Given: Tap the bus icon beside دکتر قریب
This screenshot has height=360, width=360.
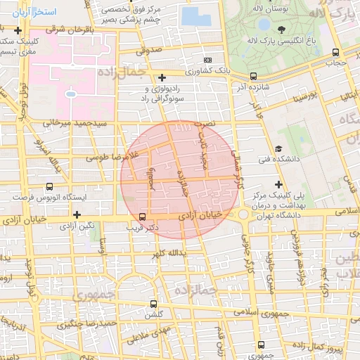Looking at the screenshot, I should pyautogui.click(x=143, y=217).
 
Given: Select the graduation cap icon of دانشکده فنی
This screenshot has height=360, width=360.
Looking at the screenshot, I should pyautogui.click(x=278, y=149).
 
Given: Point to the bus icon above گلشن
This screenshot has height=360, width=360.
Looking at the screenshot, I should pyautogui.click(x=153, y=304).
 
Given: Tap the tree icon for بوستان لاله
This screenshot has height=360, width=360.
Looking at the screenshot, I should pyautogui.click(x=282, y=29).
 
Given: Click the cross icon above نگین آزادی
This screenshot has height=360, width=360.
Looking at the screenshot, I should pyautogui.click(x=77, y=214).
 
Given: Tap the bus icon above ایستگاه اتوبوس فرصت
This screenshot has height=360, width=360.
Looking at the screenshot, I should pyautogui.click(x=49, y=187).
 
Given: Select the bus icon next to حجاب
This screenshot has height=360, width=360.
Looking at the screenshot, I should pyautogui.click(x=336, y=52).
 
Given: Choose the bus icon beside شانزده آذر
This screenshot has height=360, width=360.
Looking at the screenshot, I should pyautogui.click(x=254, y=76).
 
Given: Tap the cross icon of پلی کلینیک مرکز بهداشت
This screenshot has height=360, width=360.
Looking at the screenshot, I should pyautogui.click(x=278, y=184).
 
